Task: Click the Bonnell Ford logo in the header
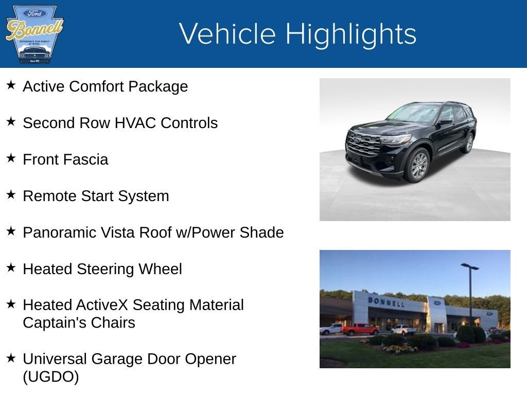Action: coord(34,34)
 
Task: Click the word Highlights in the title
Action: coord(350,34)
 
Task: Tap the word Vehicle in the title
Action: coord(227,34)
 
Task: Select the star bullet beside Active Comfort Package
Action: coord(11,85)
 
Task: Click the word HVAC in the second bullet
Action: coord(135,123)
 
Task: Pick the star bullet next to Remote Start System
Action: coord(11,194)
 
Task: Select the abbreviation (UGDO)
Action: coord(51,376)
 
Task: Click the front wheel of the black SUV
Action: coord(418,165)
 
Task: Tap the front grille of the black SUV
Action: coord(363,143)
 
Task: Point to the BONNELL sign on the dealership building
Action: coord(385,301)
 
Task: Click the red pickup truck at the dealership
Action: coord(360,329)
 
